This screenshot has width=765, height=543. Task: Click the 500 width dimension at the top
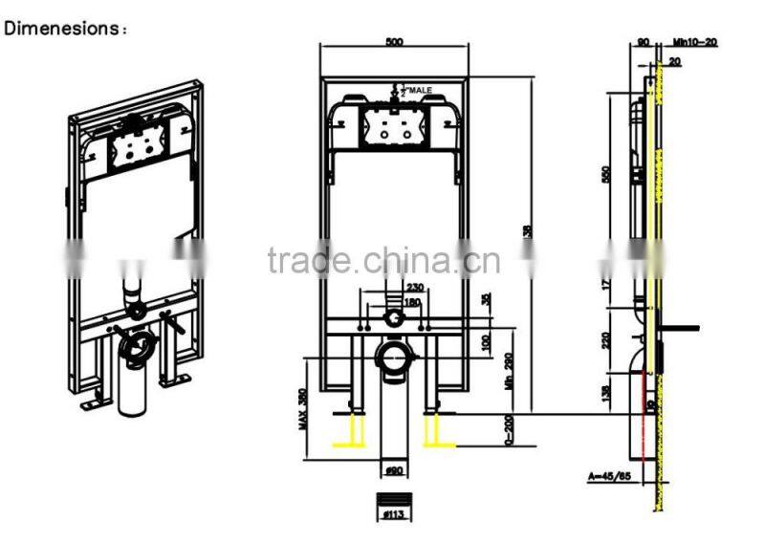(x=395, y=42)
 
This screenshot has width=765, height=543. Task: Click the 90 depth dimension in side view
(x=642, y=43)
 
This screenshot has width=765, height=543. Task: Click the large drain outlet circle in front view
(x=393, y=358)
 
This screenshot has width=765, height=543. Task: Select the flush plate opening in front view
(x=393, y=125)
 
